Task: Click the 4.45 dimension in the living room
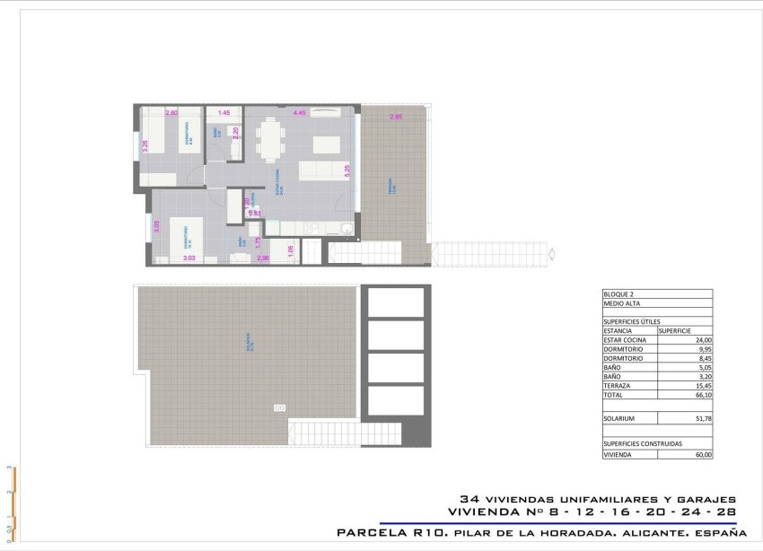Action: click(300, 113)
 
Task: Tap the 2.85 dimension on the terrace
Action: click(396, 118)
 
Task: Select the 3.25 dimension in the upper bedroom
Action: click(145, 145)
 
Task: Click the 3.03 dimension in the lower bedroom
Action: click(189, 258)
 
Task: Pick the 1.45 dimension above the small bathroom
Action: click(224, 113)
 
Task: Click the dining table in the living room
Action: click(269, 139)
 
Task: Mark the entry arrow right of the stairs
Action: click(550, 252)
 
